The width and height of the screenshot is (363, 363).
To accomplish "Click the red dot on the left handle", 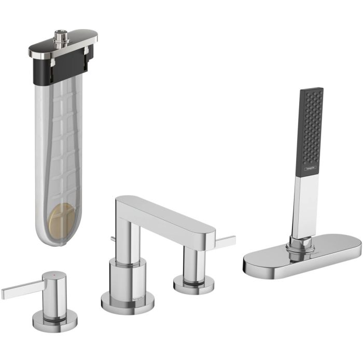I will click(50, 272).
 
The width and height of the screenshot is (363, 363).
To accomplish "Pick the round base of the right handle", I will click(193, 285).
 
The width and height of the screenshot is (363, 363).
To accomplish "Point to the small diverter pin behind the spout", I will click(113, 239).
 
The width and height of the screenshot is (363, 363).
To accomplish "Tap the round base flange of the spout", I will click(127, 303).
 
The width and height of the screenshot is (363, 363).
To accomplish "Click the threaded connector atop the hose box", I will click(62, 37).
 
